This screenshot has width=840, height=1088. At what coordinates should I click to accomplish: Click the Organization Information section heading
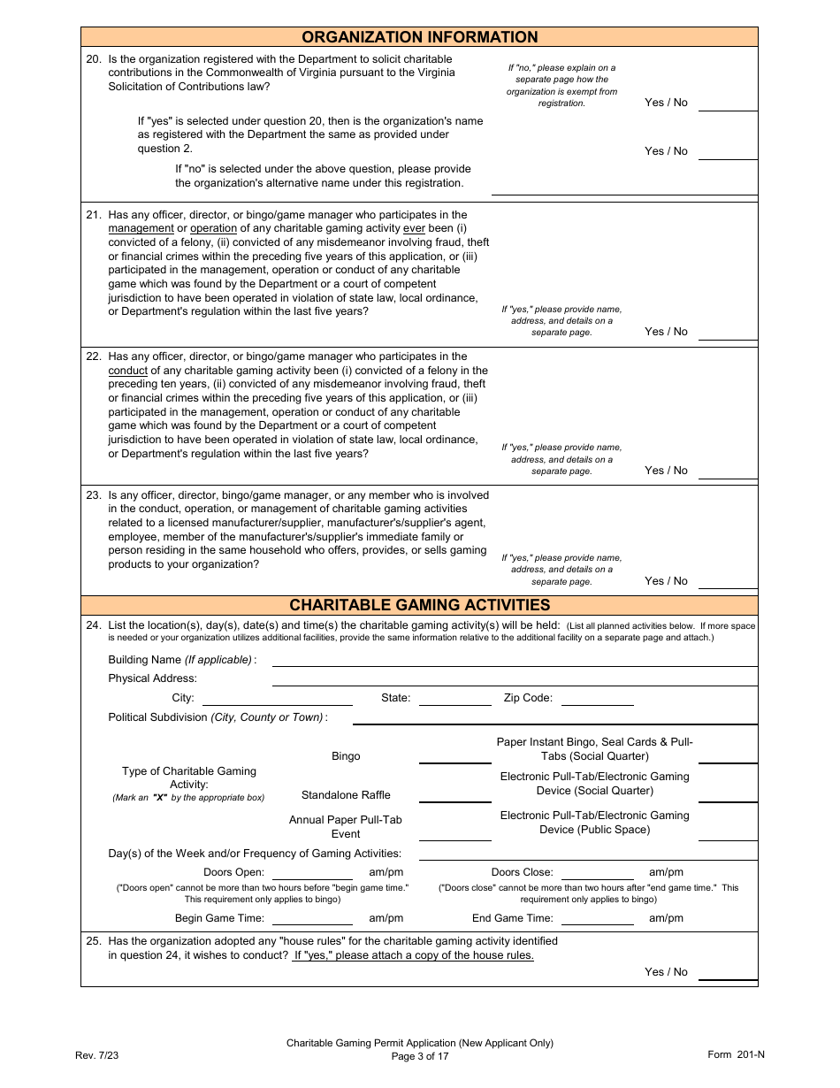coord(420,37)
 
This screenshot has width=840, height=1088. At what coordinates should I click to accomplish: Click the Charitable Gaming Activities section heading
coord(420,605)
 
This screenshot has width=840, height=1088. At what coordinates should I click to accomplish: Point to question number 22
coord(94,356)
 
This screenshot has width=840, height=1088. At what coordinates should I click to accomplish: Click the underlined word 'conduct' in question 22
coord(128,371)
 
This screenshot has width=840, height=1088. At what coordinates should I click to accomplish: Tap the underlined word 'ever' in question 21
coord(414,228)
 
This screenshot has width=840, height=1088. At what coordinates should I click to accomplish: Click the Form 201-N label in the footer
coord(736,1054)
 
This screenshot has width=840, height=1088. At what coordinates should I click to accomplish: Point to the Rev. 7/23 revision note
coord(94,1055)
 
